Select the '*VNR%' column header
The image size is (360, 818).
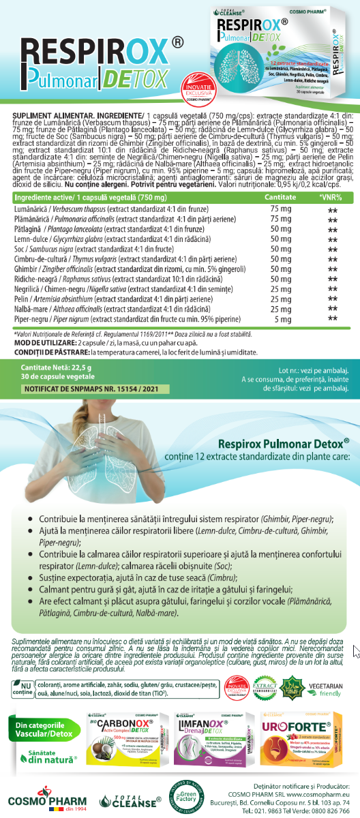click(x=331, y=177)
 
